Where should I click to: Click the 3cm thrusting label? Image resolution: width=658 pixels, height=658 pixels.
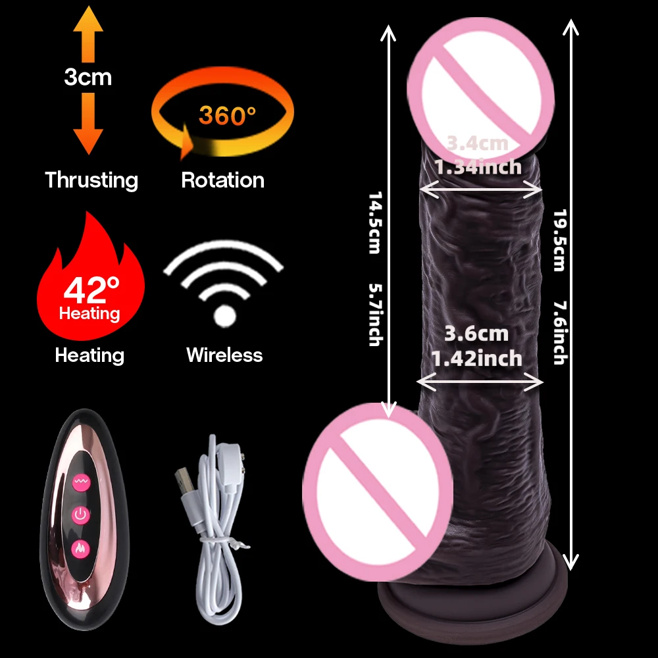pos(88,77)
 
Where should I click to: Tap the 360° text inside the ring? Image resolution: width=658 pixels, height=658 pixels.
pos(227,115)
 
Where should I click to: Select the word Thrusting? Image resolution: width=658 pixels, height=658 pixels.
pos(91,180)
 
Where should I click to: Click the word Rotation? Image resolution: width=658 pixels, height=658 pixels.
pos(223,180)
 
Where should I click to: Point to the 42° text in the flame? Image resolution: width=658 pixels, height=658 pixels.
pos(91,290)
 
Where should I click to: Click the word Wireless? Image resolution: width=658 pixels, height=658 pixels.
pos(224,355)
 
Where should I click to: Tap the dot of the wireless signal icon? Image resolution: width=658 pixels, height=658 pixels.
pos(225,316)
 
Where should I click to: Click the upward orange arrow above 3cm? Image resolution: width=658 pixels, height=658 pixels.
pos(88,34)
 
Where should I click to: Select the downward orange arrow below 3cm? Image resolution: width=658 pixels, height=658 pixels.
pos(88,124)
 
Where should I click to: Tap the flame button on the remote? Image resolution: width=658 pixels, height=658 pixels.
pos(80,549)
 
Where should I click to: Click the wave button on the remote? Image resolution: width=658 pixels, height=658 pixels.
pos(81,482)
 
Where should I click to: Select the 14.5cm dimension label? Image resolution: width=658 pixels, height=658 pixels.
pos(375,222)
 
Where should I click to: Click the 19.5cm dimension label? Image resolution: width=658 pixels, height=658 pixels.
pos(560,240)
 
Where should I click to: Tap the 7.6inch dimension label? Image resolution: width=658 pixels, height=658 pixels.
pos(560,332)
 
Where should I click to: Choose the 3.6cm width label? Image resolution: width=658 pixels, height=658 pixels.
pos(476,334)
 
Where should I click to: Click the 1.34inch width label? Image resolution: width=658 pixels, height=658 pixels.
pos(478,167)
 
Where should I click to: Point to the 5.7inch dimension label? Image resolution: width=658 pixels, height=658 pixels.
pos(376,315)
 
